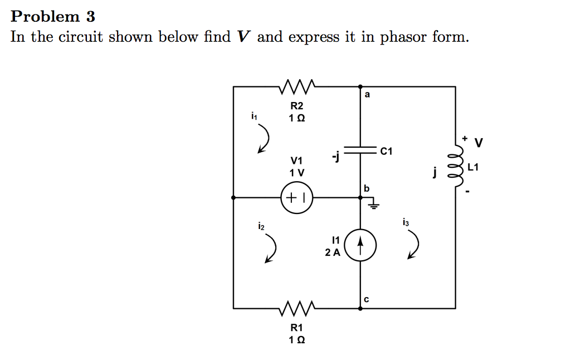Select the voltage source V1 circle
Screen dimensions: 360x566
pos(297,197)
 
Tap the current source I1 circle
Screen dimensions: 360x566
pos(360,245)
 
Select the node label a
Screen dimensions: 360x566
pos(367,95)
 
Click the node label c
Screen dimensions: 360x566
pos(366,299)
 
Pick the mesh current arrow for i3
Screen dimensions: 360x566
pos(414,245)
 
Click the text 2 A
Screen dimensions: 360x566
pos(332,252)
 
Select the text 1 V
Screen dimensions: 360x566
pos(296,172)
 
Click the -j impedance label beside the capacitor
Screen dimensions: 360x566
pos(334,157)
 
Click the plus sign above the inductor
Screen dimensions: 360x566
pos(463,137)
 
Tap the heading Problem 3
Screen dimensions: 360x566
pos(53,16)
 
